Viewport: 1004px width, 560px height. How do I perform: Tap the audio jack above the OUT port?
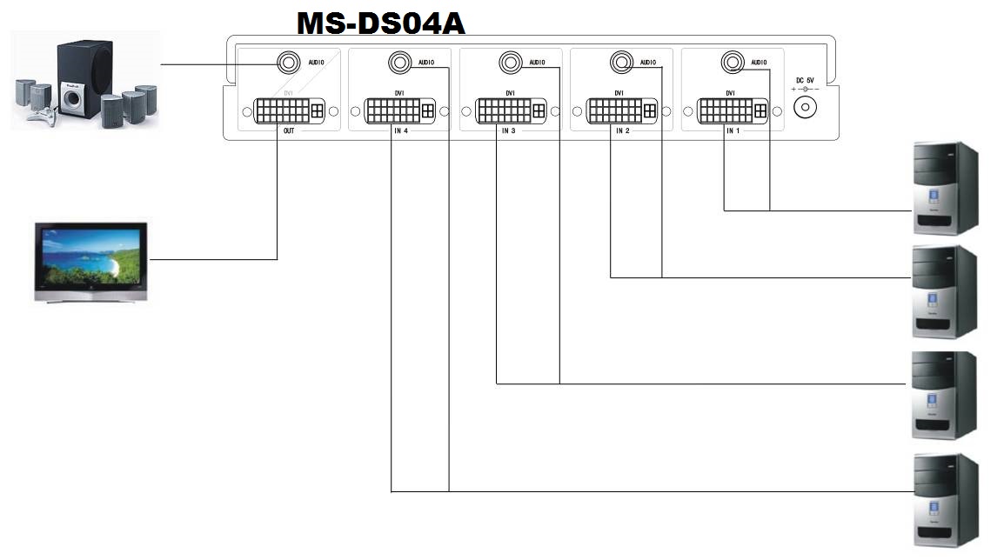(x=288, y=63)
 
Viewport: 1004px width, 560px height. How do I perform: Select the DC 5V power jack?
(x=807, y=107)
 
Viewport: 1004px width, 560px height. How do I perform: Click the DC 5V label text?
(x=806, y=80)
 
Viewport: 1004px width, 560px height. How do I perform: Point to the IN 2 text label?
(x=621, y=130)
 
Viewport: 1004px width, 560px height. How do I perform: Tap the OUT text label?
(x=289, y=130)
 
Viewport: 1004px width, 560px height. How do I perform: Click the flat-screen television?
(x=90, y=262)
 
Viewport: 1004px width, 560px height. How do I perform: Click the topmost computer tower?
(x=945, y=189)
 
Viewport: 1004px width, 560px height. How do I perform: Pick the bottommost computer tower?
(x=945, y=499)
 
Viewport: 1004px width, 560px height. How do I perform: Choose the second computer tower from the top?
(x=945, y=291)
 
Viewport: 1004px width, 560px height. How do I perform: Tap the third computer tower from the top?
(x=945, y=396)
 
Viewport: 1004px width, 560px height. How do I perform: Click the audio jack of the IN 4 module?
(x=399, y=63)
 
